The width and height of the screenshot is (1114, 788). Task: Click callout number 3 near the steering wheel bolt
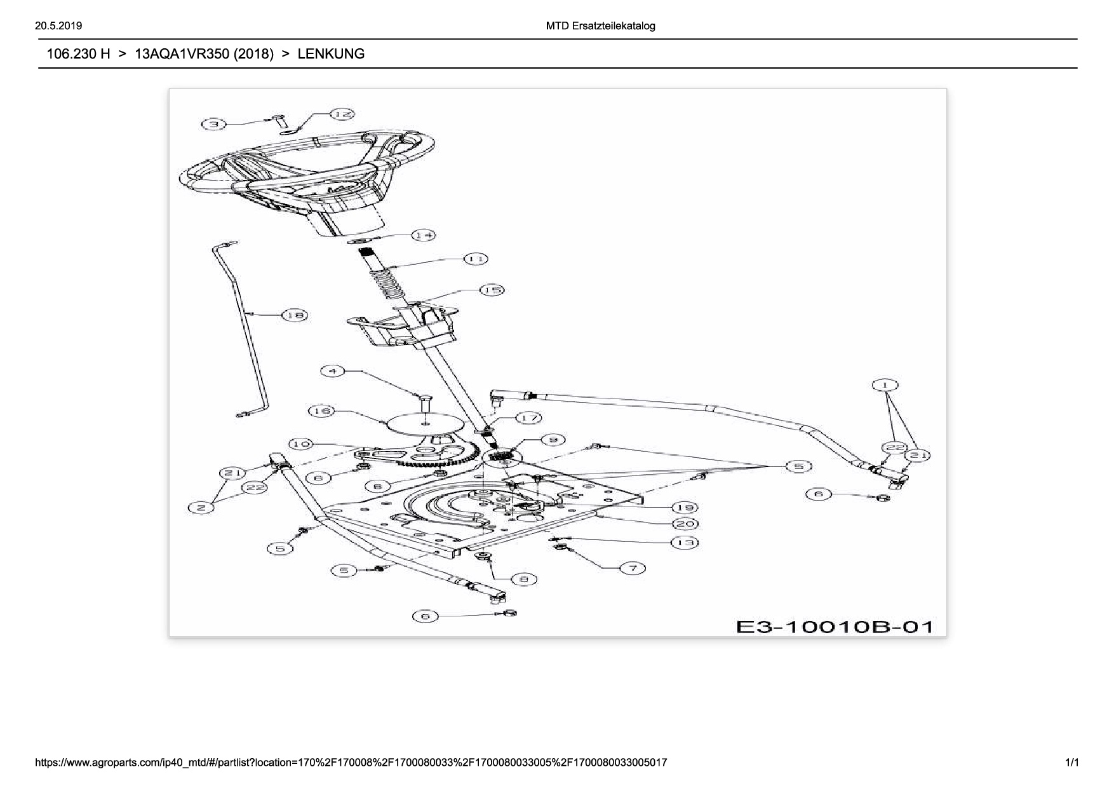[214, 125]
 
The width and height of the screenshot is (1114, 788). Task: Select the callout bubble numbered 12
[342, 114]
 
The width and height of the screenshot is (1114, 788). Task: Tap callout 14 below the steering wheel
[424, 236]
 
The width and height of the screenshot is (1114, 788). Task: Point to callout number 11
[476, 259]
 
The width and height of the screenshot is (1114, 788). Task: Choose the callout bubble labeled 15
[491, 290]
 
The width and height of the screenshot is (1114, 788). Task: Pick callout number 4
[332, 370]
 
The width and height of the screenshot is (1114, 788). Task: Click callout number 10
[300, 444]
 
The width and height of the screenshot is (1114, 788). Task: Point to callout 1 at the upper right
[885, 385]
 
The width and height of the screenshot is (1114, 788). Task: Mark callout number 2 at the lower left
[201, 508]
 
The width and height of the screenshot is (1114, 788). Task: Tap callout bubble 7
[633, 568]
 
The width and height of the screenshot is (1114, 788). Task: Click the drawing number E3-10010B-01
[835, 627]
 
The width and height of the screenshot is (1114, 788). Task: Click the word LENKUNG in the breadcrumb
[331, 54]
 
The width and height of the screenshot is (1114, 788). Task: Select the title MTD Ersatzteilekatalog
[600, 26]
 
